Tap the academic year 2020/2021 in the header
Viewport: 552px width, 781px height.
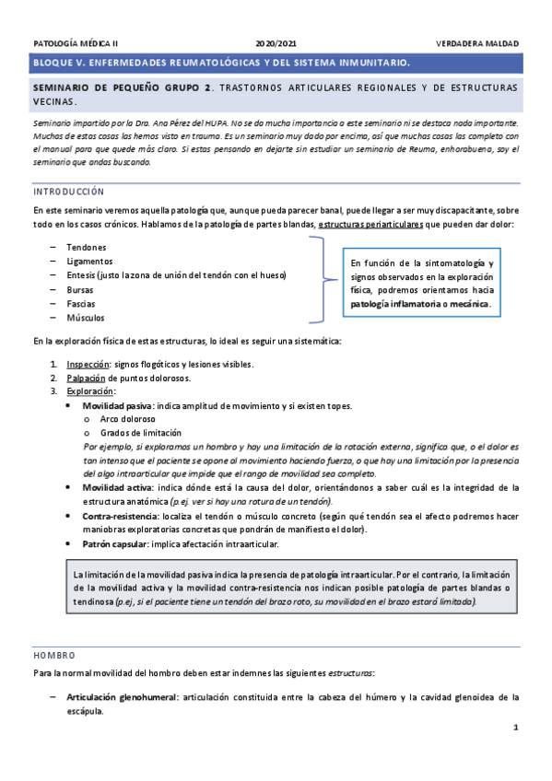[x=276, y=43]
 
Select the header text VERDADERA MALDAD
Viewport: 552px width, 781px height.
[x=477, y=43]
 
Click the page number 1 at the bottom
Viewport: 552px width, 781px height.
[x=516, y=729]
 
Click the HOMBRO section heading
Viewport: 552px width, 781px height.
[x=53, y=656]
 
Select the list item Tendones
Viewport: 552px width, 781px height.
[x=87, y=247]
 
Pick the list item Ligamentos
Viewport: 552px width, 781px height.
[x=89, y=261]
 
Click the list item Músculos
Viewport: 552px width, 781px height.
[x=86, y=317]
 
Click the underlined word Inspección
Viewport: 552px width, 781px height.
[x=88, y=364]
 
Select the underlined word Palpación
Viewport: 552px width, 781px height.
[x=87, y=378]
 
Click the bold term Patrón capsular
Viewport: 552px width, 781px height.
[x=115, y=544]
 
